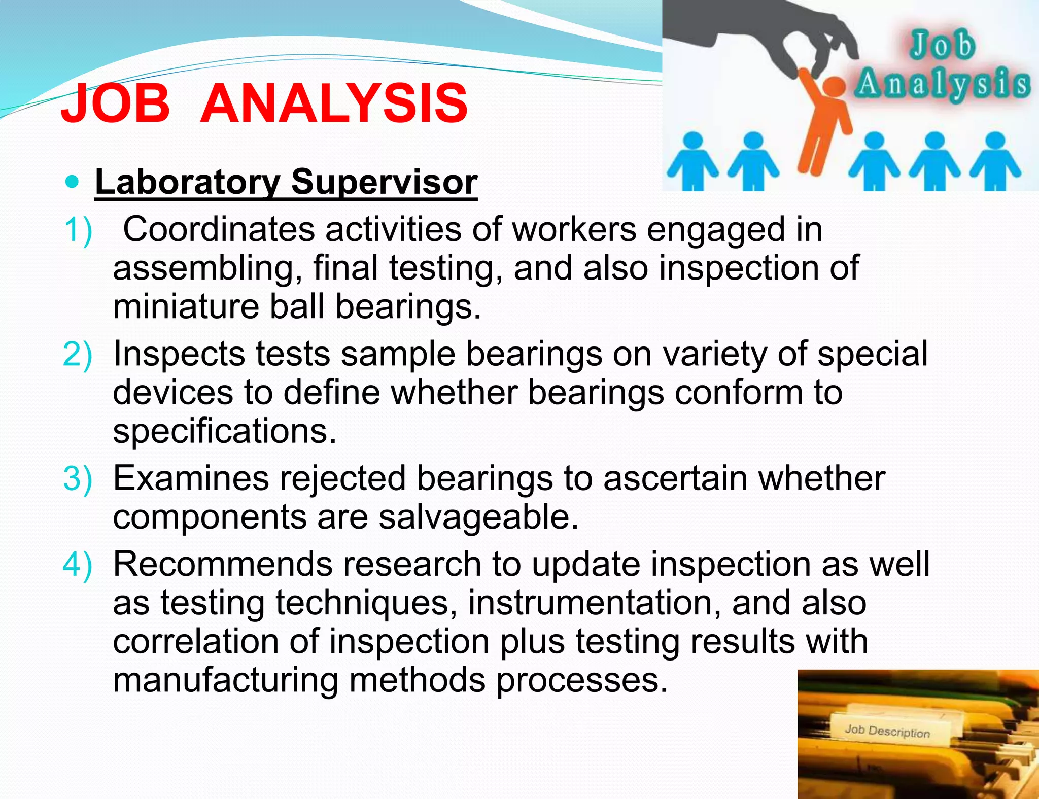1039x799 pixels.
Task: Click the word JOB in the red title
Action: click(x=116, y=104)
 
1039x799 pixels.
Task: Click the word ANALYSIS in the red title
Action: click(x=334, y=104)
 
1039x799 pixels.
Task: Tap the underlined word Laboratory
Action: click(x=187, y=182)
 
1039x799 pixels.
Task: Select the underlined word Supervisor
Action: click(x=384, y=182)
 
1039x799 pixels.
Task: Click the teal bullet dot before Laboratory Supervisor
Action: click(x=73, y=181)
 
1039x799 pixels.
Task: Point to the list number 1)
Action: click(x=78, y=230)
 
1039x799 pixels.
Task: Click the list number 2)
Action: click(x=78, y=354)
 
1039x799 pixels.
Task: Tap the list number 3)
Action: click(x=78, y=478)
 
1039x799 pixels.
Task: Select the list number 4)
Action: click(x=78, y=564)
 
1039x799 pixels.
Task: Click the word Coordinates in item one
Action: click(x=219, y=229)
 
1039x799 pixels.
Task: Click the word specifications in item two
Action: click(x=224, y=432)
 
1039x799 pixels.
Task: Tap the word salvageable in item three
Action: click(x=478, y=517)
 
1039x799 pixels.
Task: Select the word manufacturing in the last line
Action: click(x=225, y=680)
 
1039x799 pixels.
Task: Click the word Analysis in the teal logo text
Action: click(x=943, y=84)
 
